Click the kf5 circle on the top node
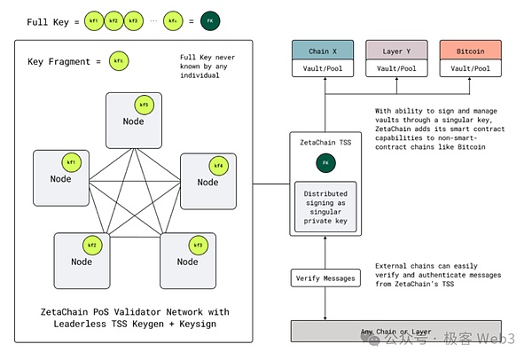145,105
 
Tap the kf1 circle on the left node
71,162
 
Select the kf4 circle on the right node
218,165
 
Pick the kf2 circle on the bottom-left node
91,243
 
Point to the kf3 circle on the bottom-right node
197,243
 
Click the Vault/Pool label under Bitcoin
470,67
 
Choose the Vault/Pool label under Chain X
323,67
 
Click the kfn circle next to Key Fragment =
117,61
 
